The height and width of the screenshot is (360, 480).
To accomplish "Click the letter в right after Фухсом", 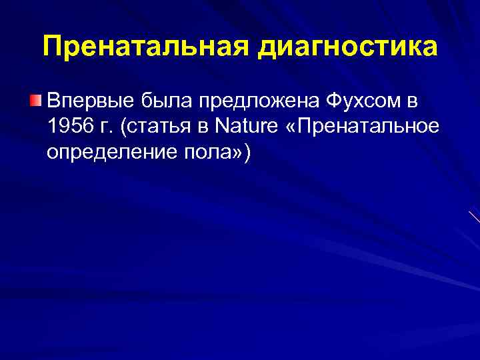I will click(x=412, y=102).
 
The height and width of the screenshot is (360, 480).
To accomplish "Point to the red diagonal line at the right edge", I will click(x=474, y=216).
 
